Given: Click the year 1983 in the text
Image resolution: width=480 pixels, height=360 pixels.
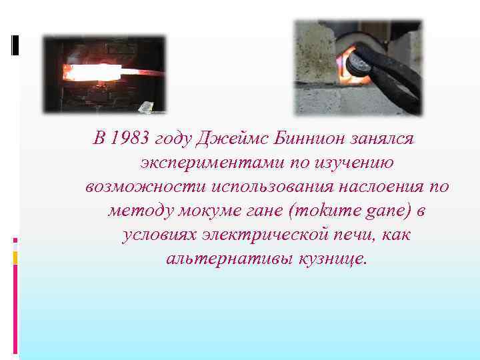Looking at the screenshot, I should pyautogui.click(x=129, y=139).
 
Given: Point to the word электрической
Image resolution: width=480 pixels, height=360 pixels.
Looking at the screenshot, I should pyautogui.click(x=268, y=235).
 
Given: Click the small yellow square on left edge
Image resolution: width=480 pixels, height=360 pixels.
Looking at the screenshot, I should pyautogui.click(x=15, y=257).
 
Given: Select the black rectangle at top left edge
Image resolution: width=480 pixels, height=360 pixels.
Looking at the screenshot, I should pyautogui.click(x=15, y=45).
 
